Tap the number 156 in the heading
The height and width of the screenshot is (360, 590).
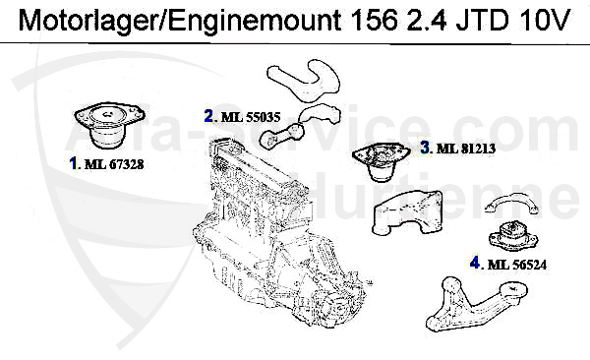[374, 20]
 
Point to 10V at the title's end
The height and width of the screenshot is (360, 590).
[545, 20]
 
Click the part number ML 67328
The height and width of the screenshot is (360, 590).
[114, 164]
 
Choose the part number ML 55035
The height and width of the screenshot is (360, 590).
[251, 117]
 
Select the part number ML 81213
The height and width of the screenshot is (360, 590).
[466, 149]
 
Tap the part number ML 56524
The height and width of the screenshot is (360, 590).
[517, 265]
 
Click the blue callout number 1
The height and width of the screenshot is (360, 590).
[73, 164]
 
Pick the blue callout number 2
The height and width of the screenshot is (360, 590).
[209, 116]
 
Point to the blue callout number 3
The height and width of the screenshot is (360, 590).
[425, 148]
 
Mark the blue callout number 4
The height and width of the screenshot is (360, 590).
[475, 263]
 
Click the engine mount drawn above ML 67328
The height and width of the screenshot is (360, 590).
[109, 124]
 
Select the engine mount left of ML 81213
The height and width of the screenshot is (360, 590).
[381, 160]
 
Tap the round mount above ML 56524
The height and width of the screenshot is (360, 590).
[513, 236]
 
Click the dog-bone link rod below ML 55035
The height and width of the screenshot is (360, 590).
[280, 137]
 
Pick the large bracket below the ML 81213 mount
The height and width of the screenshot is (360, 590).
[407, 213]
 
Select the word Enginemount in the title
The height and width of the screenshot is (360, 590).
[255, 20]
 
